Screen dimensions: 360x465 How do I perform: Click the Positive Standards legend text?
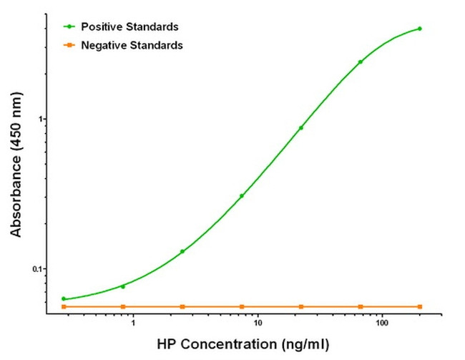pos(130,27)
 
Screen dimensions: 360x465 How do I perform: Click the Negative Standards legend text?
pos(133,45)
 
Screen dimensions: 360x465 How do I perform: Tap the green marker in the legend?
pos(69,27)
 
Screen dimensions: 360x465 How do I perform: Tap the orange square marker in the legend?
pos(69,45)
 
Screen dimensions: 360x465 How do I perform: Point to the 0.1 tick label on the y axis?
pos(37,269)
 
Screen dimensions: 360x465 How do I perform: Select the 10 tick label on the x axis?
pos(258,324)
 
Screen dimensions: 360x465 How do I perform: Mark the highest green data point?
pos(419,29)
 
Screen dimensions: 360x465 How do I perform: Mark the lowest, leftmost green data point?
pos(64,298)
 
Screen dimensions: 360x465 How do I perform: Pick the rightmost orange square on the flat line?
pos(419,306)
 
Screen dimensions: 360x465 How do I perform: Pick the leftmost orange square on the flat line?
pos(64,306)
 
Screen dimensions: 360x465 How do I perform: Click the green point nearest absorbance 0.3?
pos(242,195)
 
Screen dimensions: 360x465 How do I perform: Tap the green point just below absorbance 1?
pos(301,128)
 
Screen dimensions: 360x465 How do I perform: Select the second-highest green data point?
pos(361,62)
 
